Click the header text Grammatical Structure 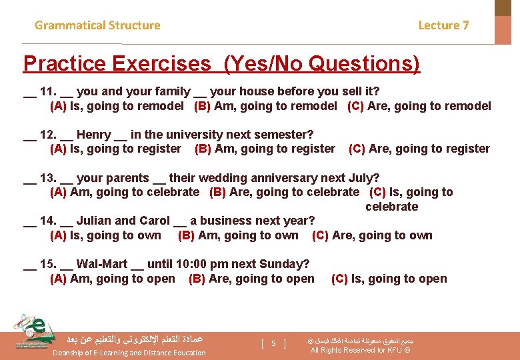(97, 25)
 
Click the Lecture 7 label (443, 25)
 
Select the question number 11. (48, 91)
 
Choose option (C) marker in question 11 (355, 106)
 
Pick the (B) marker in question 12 (203, 149)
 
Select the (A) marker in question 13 (58, 192)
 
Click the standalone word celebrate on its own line (391, 207)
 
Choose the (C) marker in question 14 (320, 235)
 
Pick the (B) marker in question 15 (197, 279)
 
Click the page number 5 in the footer (273, 344)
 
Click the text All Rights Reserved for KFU (360, 351)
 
